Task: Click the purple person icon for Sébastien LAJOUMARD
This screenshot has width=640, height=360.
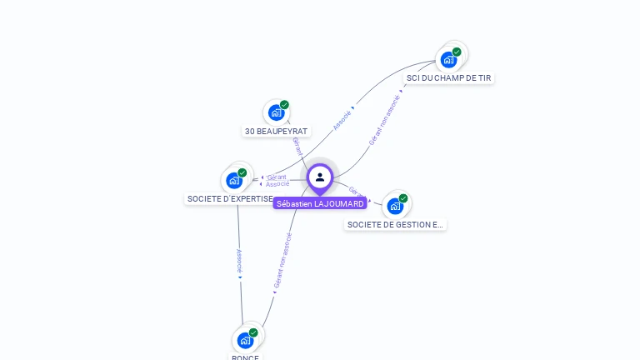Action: [320, 177]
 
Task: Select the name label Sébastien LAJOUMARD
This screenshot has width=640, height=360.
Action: [320, 203]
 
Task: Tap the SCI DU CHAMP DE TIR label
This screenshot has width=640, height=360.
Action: [448, 77]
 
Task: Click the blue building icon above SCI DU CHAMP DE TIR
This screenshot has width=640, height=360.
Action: [448, 59]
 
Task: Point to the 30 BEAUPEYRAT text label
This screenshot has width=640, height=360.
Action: [276, 132]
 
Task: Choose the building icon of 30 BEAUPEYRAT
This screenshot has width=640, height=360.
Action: [276, 112]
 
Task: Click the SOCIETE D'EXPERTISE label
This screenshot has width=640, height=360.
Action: [230, 199]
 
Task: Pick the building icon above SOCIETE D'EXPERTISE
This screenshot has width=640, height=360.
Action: [234, 180]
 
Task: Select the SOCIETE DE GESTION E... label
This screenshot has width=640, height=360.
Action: [395, 224]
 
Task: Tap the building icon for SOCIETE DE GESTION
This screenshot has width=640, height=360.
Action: [395, 206]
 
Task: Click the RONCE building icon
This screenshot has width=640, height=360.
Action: [245, 340]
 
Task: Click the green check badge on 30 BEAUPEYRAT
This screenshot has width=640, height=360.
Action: [284, 105]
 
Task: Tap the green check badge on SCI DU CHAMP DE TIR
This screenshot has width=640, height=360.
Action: [457, 52]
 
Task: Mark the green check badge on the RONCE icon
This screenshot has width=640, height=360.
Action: [253, 332]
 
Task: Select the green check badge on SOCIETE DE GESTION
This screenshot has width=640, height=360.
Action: [403, 198]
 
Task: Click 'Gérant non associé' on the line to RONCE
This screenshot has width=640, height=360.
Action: [282, 260]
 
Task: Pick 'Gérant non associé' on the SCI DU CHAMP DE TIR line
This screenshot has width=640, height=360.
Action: [384, 120]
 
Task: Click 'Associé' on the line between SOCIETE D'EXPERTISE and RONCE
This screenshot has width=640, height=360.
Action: [239, 261]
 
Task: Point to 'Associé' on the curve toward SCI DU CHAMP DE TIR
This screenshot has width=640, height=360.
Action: [342, 120]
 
